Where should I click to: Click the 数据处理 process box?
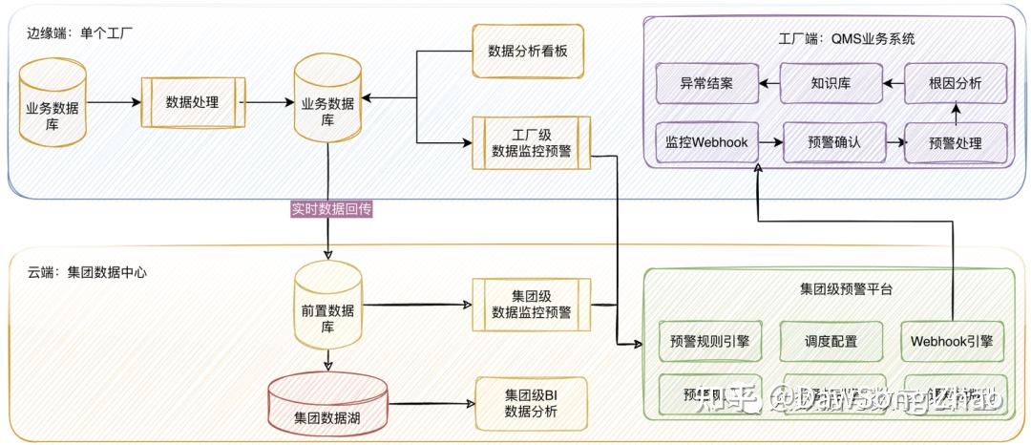(192, 101)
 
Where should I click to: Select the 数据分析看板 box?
(527, 50)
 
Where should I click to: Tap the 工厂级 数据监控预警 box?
(531, 141)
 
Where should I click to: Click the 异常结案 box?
(706, 83)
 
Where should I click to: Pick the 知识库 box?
(831, 83)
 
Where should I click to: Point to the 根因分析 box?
(955, 83)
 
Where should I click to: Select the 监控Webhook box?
(706, 143)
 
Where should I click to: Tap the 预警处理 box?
(955, 143)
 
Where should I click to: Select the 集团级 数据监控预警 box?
(531, 304)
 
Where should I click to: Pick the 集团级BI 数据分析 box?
(531, 404)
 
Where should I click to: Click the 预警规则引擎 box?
(710, 341)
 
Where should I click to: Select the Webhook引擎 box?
(953, 341)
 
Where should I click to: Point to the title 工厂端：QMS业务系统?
(833, 39)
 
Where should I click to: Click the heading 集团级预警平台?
(832, 287)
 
